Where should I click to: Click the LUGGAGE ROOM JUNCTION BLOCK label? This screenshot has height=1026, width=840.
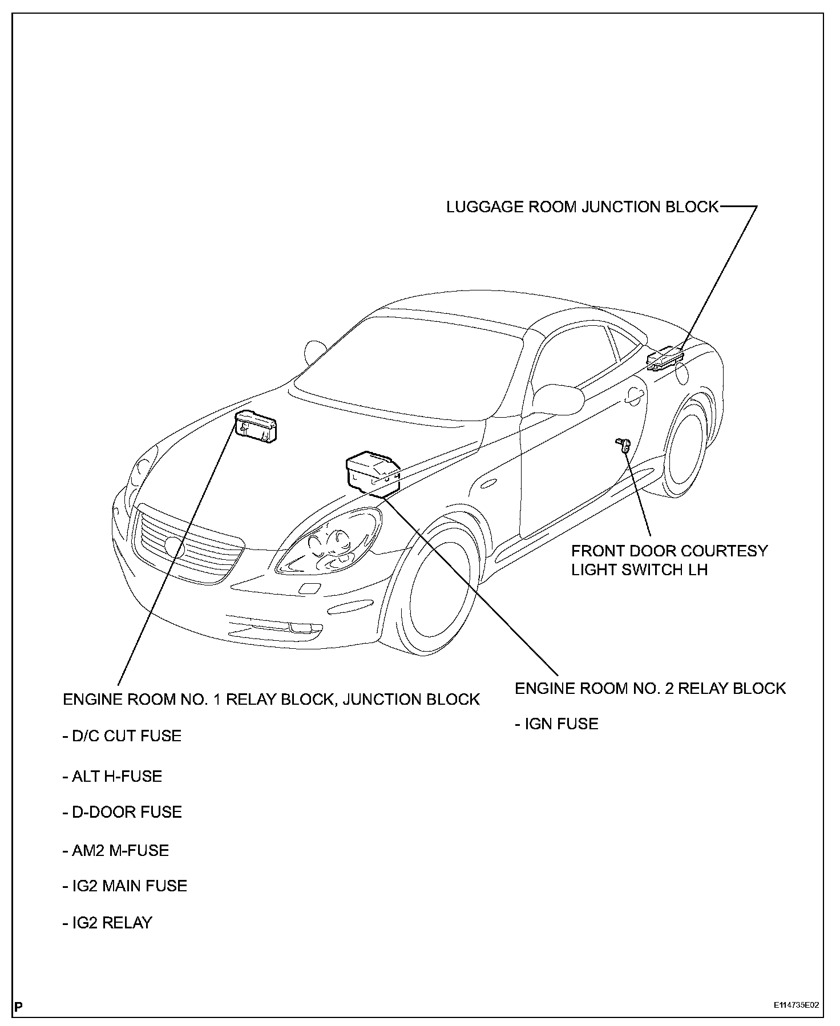(x=582, y=207)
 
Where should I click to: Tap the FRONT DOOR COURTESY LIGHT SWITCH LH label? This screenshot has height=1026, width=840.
(x=669, y=560)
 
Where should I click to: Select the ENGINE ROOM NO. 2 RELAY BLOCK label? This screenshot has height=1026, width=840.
(x=650, y=688)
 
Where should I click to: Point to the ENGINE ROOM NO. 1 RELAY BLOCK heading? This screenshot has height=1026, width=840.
(x=271, y=700)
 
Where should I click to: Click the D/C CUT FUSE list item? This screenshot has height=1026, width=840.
(x=122, y=736)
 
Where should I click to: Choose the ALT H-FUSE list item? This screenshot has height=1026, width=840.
(x=112, y=776)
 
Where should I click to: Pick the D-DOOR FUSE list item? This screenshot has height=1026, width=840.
(x=122, y=812)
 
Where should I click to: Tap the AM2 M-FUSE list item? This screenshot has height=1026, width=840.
(x=116, y=850)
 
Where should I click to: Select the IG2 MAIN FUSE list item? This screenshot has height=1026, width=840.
(x=125, y=886)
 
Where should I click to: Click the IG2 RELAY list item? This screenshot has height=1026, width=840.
(x=108, y=923)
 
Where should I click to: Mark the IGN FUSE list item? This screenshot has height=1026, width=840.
(x=557, y=724)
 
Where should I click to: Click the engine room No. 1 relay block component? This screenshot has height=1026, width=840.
(x=256, y=426)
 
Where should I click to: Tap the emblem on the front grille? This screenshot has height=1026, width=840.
(x=173, y=546)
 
